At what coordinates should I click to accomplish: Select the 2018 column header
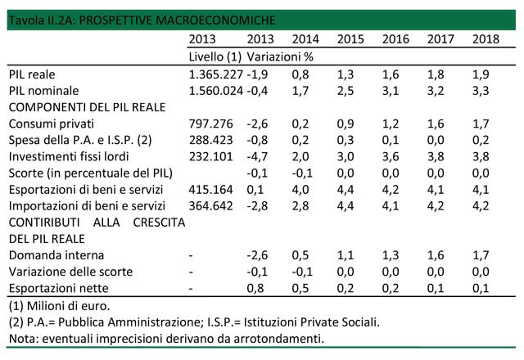[x=486, y=39]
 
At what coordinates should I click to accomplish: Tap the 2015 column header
[x=350, y=39]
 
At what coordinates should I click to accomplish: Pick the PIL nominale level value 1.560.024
[x=215, y=90]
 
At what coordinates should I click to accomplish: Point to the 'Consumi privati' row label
[x=51, y=124]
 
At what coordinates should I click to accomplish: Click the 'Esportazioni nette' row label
[x=57, y=289]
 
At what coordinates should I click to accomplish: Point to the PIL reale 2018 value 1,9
[x=486, y=74]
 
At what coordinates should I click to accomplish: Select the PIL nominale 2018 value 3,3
[x=486, y=90]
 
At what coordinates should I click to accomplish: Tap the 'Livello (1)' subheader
[x=215, y=56]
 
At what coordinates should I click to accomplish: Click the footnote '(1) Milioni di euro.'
[x=57, y=306]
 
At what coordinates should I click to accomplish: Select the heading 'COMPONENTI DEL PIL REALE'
[x=87, y=106]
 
